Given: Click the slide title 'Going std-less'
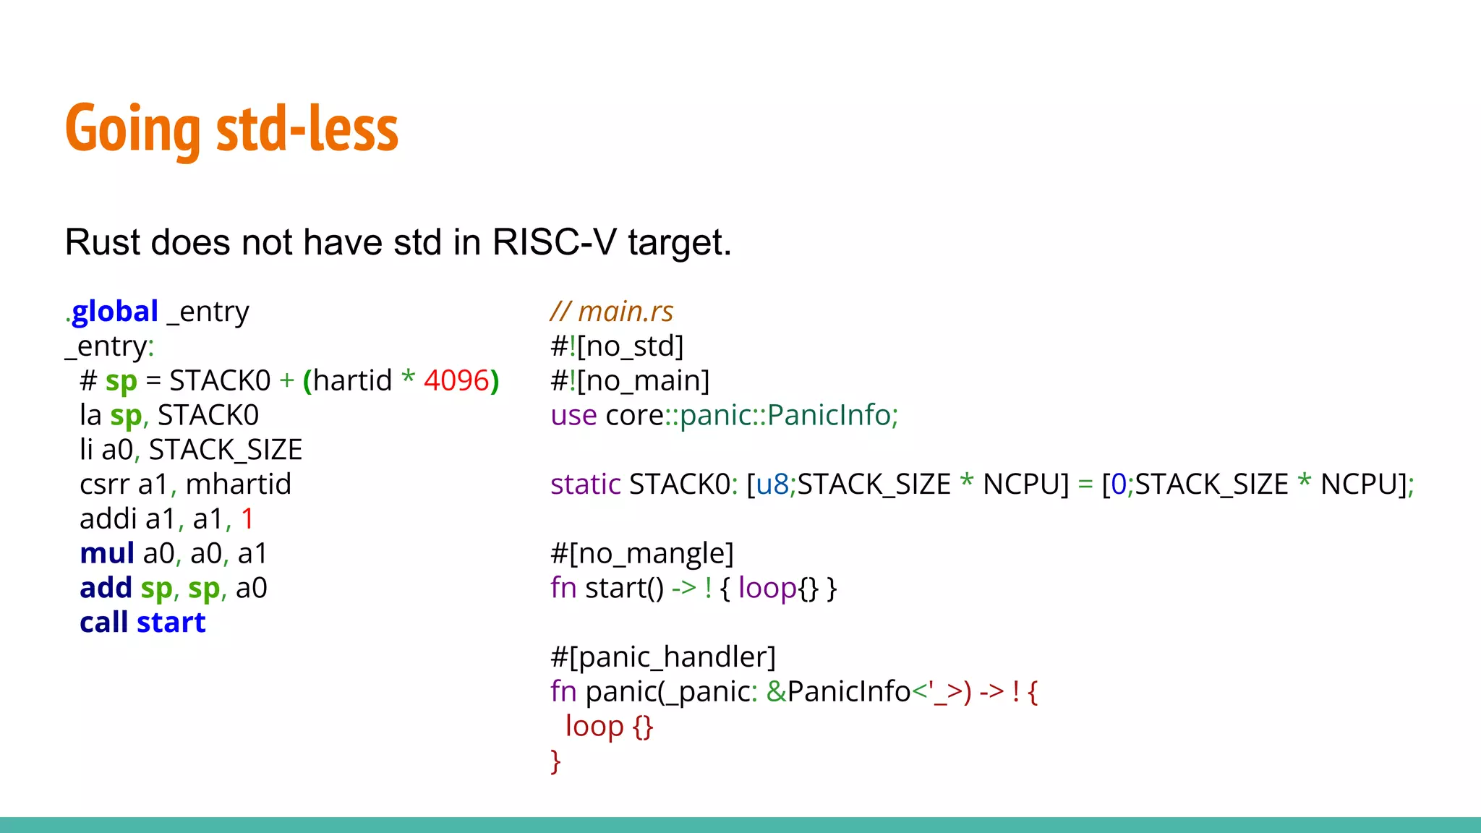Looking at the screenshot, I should [231, 129].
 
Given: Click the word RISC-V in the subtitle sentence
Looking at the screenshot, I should [554, 242].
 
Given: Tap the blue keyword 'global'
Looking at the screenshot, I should [115, 312].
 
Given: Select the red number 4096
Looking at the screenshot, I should [456, 380].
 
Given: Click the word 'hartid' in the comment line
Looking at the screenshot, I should [352, 380].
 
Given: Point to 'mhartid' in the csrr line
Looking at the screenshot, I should [238, 484].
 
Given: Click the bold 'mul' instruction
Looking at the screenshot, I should [106, 554].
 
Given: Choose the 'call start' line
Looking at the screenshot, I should [142, 623].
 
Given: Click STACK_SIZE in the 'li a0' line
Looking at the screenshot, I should [225, 450].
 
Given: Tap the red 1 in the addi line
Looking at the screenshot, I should [247, 519].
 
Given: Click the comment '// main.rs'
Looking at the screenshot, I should [611, 312].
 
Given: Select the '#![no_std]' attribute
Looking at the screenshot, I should [616, 346].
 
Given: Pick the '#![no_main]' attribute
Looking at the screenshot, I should [629, 380].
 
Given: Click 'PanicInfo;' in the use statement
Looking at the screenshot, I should [832, 415].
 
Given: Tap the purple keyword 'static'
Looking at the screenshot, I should [585, 484].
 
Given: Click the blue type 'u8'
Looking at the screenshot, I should [772, 484].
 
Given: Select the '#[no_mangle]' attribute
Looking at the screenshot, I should [641, 554].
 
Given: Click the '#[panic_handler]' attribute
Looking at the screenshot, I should [662, 657].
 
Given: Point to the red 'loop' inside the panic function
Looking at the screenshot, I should [594, 726].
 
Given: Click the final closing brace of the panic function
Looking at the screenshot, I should [555, 761].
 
